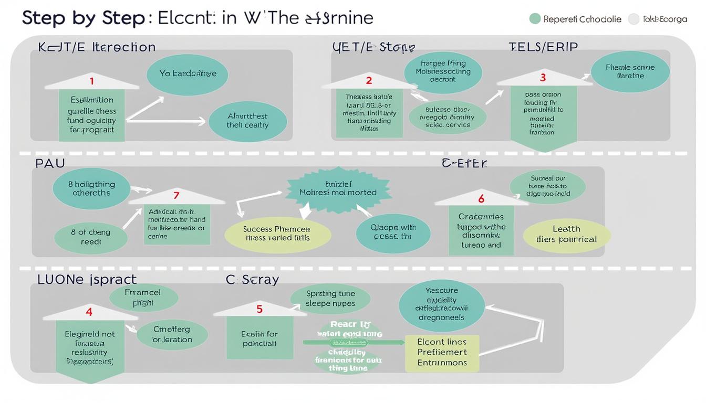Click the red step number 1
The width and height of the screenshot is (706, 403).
coord(92,81)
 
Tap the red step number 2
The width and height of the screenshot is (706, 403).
coord(369,80)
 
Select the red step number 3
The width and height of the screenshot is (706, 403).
coord(543,78)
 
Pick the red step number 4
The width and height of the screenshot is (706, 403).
coord(89,312)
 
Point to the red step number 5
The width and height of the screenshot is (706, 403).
coord(259,309)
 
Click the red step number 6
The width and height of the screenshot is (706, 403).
coord(481,199)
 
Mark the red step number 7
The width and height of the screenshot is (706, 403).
coord(176,196)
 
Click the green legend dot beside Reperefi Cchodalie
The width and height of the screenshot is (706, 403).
coord(535,19)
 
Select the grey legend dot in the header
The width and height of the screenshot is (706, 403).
coord(634,19)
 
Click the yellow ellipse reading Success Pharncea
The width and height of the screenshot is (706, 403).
coord(277,234)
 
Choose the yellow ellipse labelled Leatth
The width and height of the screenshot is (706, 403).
coord(566,234)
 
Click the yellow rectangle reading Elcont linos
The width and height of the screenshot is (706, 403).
coord(442,352)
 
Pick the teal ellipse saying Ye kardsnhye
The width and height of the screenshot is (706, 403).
coord(188,74)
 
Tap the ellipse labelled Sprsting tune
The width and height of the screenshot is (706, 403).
coord(330,299)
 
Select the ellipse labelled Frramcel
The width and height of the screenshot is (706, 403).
coord(142,298)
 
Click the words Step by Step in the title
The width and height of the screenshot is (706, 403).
coord(83,18)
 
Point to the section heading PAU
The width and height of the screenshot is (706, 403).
coord(50,163)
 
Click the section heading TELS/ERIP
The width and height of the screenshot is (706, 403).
coord(543,47)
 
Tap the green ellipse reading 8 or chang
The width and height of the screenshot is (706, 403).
coord(90,237)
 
